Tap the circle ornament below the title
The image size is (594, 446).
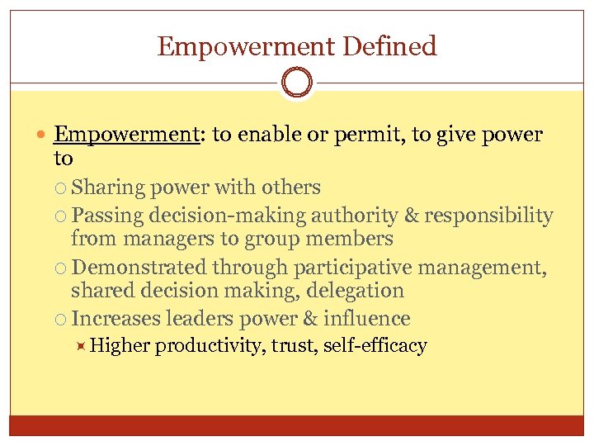tap(297, 83)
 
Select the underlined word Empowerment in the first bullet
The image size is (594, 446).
tap(127, 135)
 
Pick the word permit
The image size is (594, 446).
tap(367, 135)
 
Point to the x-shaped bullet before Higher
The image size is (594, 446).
tap(80, 345)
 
